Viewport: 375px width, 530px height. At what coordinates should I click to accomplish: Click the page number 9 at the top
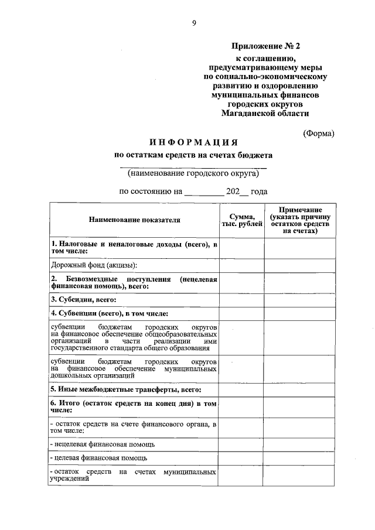pyautogui.click(x=193, y=23)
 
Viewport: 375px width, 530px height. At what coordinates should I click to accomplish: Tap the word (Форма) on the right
pyautogui.click(x=319, y=133)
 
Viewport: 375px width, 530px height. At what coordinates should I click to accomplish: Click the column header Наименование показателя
pyautogui.click(x=134, y=220)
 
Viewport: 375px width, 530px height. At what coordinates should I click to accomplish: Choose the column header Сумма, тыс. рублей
pyautogui.click(x=241, y=220)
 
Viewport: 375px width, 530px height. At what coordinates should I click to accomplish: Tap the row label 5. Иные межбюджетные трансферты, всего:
pyautogui.click(x=126, y=389)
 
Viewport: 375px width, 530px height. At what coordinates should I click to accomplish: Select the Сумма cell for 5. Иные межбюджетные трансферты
pyautogui.click(x=241, y=389)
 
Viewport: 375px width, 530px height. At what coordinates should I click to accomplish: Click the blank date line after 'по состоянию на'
pyautogui.click(x=203, y=192)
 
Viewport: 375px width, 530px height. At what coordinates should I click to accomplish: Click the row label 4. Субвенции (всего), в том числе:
pyautogui.click(x=110, y=313)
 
